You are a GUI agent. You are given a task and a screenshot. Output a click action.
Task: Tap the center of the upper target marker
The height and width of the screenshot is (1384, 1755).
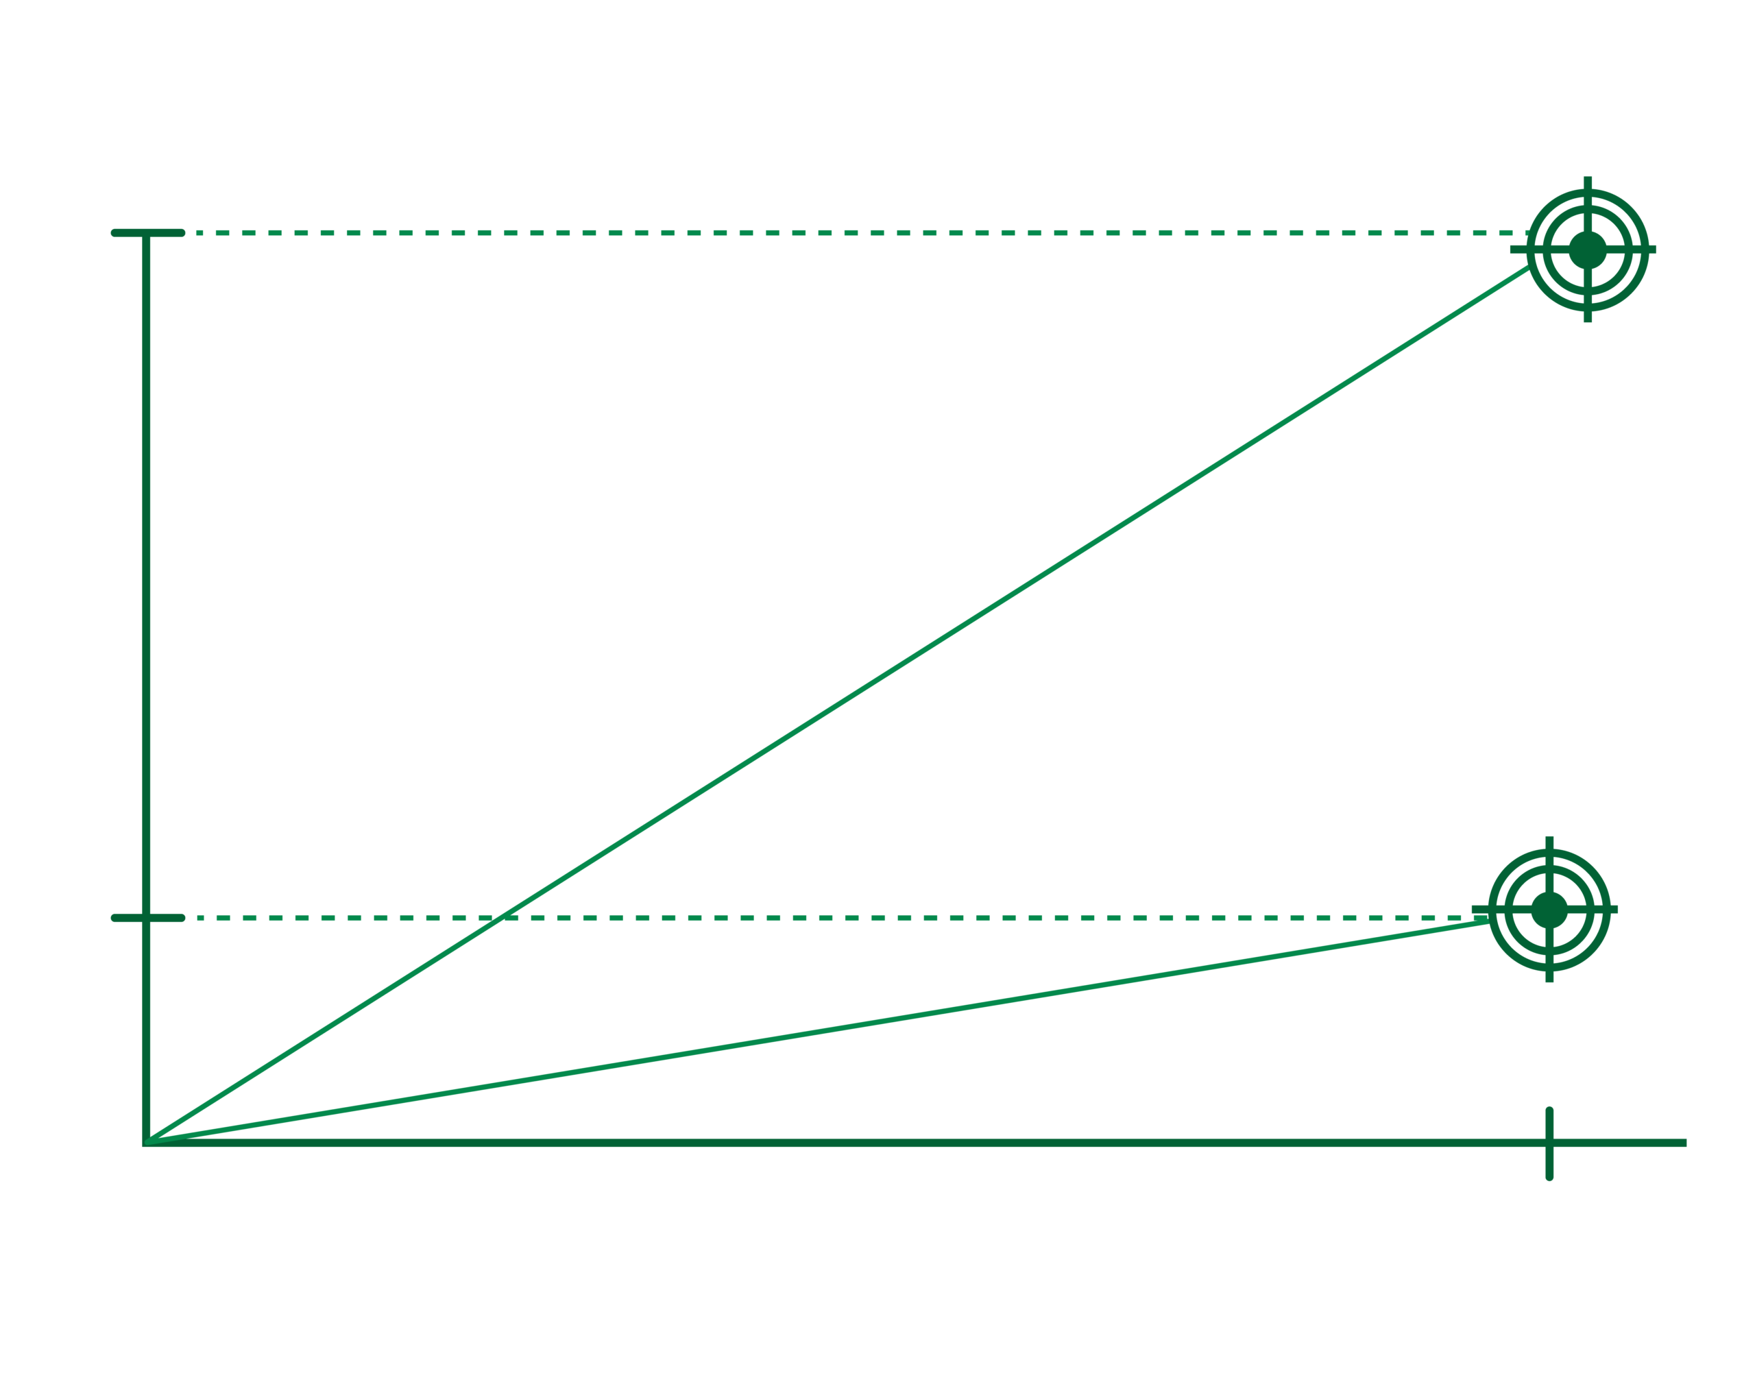pyautogui.click(x=1587, y=250)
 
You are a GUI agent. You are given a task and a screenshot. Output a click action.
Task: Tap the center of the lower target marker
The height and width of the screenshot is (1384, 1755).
pyautogui.click(x=1549, y=909)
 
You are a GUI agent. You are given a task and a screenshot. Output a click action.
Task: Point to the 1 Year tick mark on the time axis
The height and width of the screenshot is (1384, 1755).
pyautogui.click(x=1549, y=1143)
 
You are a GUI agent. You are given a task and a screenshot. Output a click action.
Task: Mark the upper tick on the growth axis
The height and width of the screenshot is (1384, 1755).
pyautogui.click(x=147, y=233)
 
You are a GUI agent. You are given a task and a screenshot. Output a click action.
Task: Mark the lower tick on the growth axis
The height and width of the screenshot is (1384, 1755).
pyautogui.click(x=147, y=918)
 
